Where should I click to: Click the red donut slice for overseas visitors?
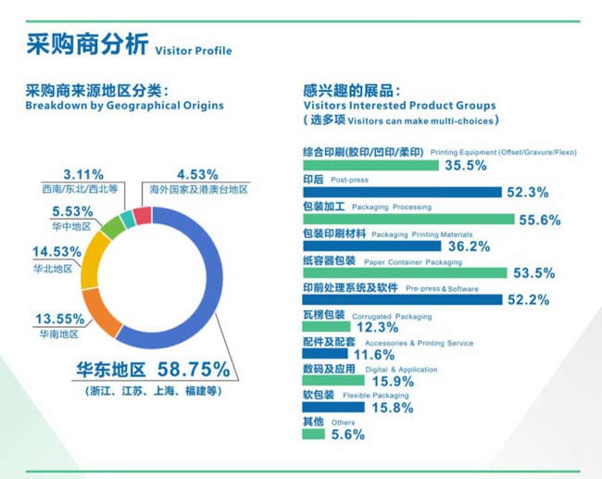(x=143, y=216)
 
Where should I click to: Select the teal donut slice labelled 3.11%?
(x=128, y=221)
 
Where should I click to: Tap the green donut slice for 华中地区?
(x=113, y=227)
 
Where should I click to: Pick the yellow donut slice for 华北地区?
(x=94, y=260)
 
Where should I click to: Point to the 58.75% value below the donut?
(x=194, y=369)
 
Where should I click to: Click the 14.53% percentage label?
(x=56, y=252)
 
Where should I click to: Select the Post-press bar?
(x=402, y=192)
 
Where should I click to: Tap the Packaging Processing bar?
(x=408, y=219)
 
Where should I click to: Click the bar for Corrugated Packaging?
(x=326, y=326)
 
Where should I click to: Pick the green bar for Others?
(x=313, y=434)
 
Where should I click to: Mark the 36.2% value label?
(x=470, y=246)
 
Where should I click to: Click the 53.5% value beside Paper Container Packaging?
(x=534, y=273)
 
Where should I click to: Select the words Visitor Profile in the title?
(x=194, y=51)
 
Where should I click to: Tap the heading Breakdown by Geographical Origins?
(x=124, y=106)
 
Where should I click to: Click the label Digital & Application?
(x=401, y=370)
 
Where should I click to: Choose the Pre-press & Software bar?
(x=402, y=299)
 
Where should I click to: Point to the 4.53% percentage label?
(x=197, y=175)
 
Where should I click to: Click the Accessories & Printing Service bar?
(x=325, y=353)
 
